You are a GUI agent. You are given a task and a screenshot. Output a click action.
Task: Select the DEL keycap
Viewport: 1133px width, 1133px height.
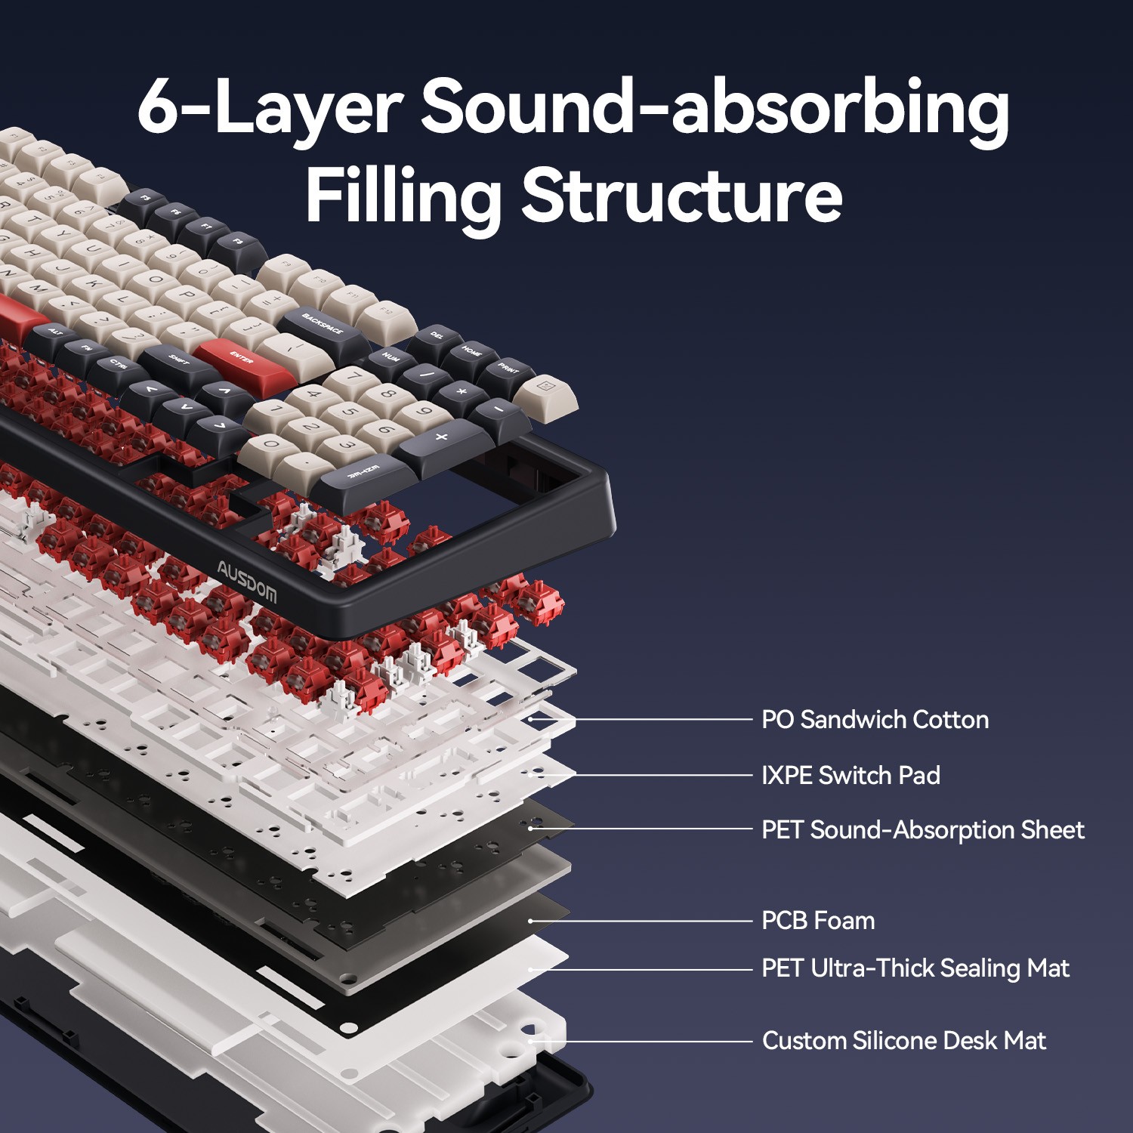[437, 335]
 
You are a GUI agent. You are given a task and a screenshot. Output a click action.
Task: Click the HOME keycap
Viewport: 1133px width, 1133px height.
[472, 353]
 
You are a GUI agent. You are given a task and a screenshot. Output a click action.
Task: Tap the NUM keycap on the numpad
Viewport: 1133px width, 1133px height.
[391, 357]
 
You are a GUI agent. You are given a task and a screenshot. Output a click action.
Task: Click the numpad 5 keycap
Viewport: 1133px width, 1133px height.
[349, 413]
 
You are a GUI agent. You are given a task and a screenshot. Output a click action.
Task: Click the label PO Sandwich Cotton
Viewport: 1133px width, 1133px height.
[875, 720]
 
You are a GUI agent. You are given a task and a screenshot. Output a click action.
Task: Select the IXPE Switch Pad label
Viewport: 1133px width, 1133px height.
[851, 775]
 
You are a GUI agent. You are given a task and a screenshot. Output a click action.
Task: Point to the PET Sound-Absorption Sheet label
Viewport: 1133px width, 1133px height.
[922, 830]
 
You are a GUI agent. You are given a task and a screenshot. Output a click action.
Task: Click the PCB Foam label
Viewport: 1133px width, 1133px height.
[818, 921]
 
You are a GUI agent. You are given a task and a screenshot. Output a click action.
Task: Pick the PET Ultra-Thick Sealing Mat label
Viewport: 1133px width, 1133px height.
[915, 968]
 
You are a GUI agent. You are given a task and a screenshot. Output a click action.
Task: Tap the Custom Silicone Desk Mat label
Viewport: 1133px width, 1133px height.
[904, 1041]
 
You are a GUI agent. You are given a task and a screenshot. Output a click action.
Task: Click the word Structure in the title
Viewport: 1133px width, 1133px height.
[681, 195]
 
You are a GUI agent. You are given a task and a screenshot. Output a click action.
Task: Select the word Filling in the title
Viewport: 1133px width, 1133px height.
[403, 195]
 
